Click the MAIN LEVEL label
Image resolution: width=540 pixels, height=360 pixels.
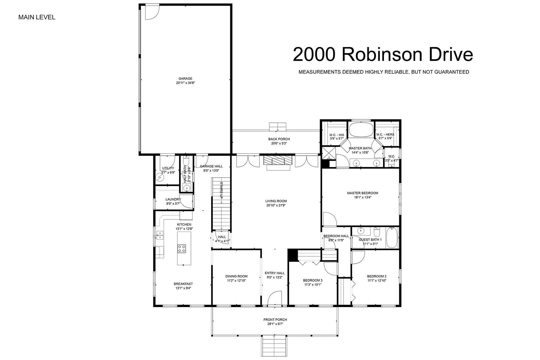click(x=37, y=17)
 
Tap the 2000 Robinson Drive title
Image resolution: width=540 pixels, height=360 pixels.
click(x=383, y=55)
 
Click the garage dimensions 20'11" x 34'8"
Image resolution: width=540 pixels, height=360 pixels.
click(x=185, y=83)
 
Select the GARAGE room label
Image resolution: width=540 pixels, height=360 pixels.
click(x=185, y=79)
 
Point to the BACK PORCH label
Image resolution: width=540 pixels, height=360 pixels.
click(x=279, y=139)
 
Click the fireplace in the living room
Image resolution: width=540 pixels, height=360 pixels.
click(x=278, y=160)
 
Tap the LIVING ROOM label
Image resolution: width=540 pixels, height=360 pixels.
click(x=276, y=201)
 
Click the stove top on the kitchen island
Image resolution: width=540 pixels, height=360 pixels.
click(x=182, y=249)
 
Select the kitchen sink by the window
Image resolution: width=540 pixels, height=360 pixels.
click(x=160, y=235)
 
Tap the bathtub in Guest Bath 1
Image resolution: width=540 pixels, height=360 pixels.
click(x=392, y=238)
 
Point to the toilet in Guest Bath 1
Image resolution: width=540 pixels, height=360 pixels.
click(x=377, y=232)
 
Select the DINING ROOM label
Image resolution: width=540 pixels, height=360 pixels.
click(x=236, y=276)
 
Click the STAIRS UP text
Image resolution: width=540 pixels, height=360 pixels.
click(x=221, y=190)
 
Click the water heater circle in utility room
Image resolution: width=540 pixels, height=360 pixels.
click(x=160, y=177)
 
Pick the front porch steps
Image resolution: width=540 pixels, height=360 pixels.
click(x=274, y=346)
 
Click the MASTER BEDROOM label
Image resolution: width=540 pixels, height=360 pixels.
click(x=363, y=193)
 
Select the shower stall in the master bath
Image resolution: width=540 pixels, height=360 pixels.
click(x=329, y=153)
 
